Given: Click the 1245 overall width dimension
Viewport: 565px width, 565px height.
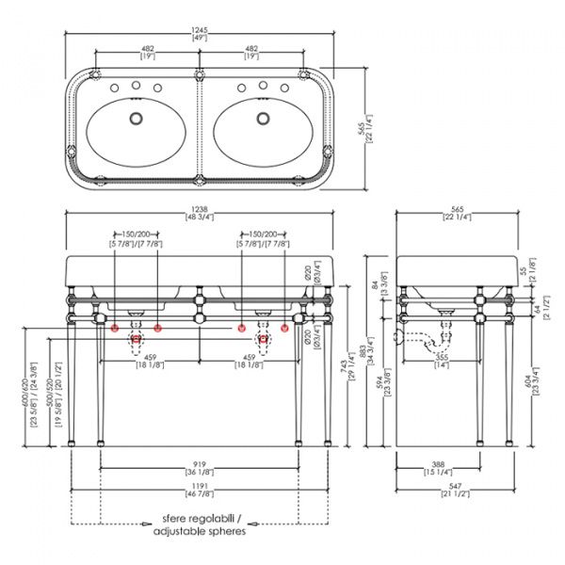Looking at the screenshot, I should (x=200, y=29).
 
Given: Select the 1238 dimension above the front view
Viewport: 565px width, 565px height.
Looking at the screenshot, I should (x=200, y=209).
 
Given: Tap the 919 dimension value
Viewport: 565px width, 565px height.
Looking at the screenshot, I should (x=200, y=464).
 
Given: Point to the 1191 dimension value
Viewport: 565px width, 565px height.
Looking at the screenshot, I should (x=200, y=488).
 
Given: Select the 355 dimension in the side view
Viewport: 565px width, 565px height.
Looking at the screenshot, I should (x=442, y=358).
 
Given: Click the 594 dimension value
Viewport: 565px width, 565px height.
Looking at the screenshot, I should (x=381, y=381).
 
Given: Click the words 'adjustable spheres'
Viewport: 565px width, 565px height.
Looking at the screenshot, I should (x=200, y=531).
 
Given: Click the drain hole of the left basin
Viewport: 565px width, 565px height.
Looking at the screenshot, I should (x=137, y=120).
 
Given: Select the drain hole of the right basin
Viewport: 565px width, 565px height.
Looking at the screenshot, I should (x=263, y=120).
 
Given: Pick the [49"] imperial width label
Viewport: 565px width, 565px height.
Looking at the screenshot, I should (x=200, y=39).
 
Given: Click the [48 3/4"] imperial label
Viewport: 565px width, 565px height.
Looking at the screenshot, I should (x=200, y=218).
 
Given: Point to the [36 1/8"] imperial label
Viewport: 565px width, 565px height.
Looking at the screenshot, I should (x=200, y=473).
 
